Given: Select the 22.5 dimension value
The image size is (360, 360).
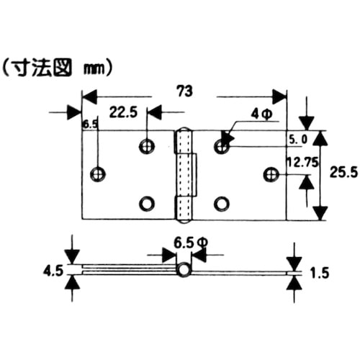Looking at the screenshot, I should coord(124,113).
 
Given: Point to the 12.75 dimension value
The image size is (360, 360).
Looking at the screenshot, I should coord(303,163).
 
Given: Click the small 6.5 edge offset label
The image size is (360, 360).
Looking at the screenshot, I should coord(90,125).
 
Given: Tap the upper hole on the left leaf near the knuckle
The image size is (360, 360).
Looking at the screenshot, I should coord(147,145).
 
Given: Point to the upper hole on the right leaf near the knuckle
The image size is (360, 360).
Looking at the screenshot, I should coord(221,146).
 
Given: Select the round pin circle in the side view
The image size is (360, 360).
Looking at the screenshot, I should coord(184,270).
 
